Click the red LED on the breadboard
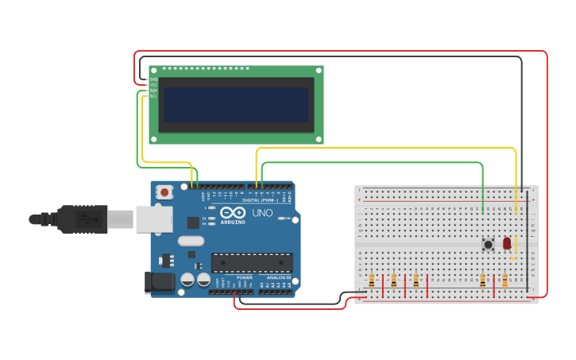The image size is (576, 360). pyautogui.click(x=507, y=243)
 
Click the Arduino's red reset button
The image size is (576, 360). pyautogui.click(x=164, y=192)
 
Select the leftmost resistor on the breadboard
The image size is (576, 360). pyautogui.click(x=372, y=280)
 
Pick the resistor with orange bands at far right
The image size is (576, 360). pyautogui.click(x=504, y=280)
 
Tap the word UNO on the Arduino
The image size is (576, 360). pyautogui.click(x=262, y=213)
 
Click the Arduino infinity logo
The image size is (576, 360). pyautogui.click(x=233, y=213)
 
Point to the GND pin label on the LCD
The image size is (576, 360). pyautogui.click(x=153, y=79)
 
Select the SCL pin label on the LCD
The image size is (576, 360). pyautogui.click(x=153, y=96)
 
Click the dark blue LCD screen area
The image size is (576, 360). pyautogui.click(x=236, y=104)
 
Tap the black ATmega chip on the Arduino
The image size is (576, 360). pyautogui.click(x=252, y=262)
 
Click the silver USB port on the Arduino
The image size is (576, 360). pyautogui.click(x=153, y=219)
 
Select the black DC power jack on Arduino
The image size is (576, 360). pyautogui.click(x=159, y=282)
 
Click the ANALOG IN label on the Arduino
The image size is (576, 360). pyautogui.click(x=278, y=277)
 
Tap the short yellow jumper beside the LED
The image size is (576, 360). pyautogui.click(x=514, y=246)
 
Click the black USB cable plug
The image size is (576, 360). pyautogui.click(x=79, y=219)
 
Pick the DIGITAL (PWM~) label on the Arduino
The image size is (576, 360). pyautogui.click(x=261, y=200)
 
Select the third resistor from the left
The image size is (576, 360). pyautogui.click(x=416, y=280)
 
